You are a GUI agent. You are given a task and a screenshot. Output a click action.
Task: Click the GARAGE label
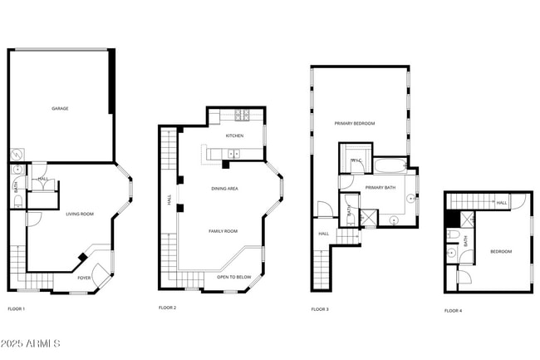coord(60,108)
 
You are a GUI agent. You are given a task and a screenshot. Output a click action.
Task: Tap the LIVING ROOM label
coord(80,214)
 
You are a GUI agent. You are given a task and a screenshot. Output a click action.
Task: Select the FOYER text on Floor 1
coord(84,278)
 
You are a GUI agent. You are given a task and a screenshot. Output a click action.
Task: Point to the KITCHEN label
coord(234,136)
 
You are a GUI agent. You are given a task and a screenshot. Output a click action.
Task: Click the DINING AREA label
coord(224,189)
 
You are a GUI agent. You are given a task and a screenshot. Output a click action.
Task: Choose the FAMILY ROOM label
coord(223,230)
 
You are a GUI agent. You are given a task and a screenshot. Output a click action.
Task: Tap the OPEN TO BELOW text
coord(234,277)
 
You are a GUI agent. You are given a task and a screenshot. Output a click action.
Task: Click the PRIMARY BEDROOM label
coord(355,123)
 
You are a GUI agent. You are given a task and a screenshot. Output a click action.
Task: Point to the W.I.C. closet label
coord(355,160)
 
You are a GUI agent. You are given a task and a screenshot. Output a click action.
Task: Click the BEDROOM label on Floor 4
coord(501,251)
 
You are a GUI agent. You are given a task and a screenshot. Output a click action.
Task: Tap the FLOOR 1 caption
coord(17,309)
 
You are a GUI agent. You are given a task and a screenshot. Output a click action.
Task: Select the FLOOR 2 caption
coord(168,308)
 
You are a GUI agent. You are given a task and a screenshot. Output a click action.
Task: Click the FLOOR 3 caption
coord(320,309)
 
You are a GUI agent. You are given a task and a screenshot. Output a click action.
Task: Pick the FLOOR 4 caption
coord(453,310)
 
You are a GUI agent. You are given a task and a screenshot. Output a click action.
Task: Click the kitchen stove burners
coord(241,116)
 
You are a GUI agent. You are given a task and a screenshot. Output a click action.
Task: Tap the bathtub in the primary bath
coord(389,165)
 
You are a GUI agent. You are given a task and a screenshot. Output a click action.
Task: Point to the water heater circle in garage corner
coord(16,155)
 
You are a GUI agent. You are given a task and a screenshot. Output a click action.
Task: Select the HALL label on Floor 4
coord(501,202)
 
